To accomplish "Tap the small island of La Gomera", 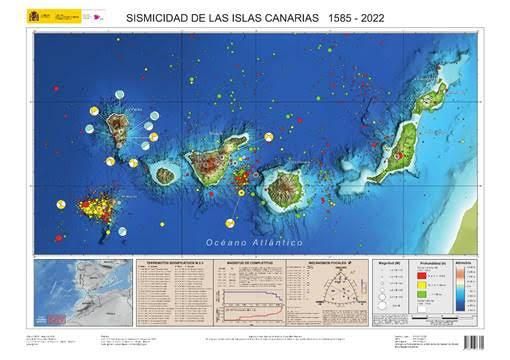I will [165, 175].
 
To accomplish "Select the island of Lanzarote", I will [433, 98].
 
